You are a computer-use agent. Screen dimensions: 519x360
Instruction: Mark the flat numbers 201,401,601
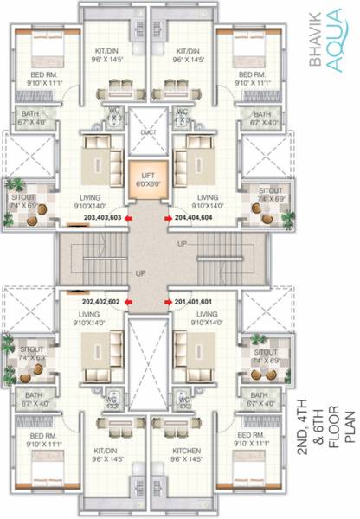[198, 301]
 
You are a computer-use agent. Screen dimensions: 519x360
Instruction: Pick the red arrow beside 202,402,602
[128, 301]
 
